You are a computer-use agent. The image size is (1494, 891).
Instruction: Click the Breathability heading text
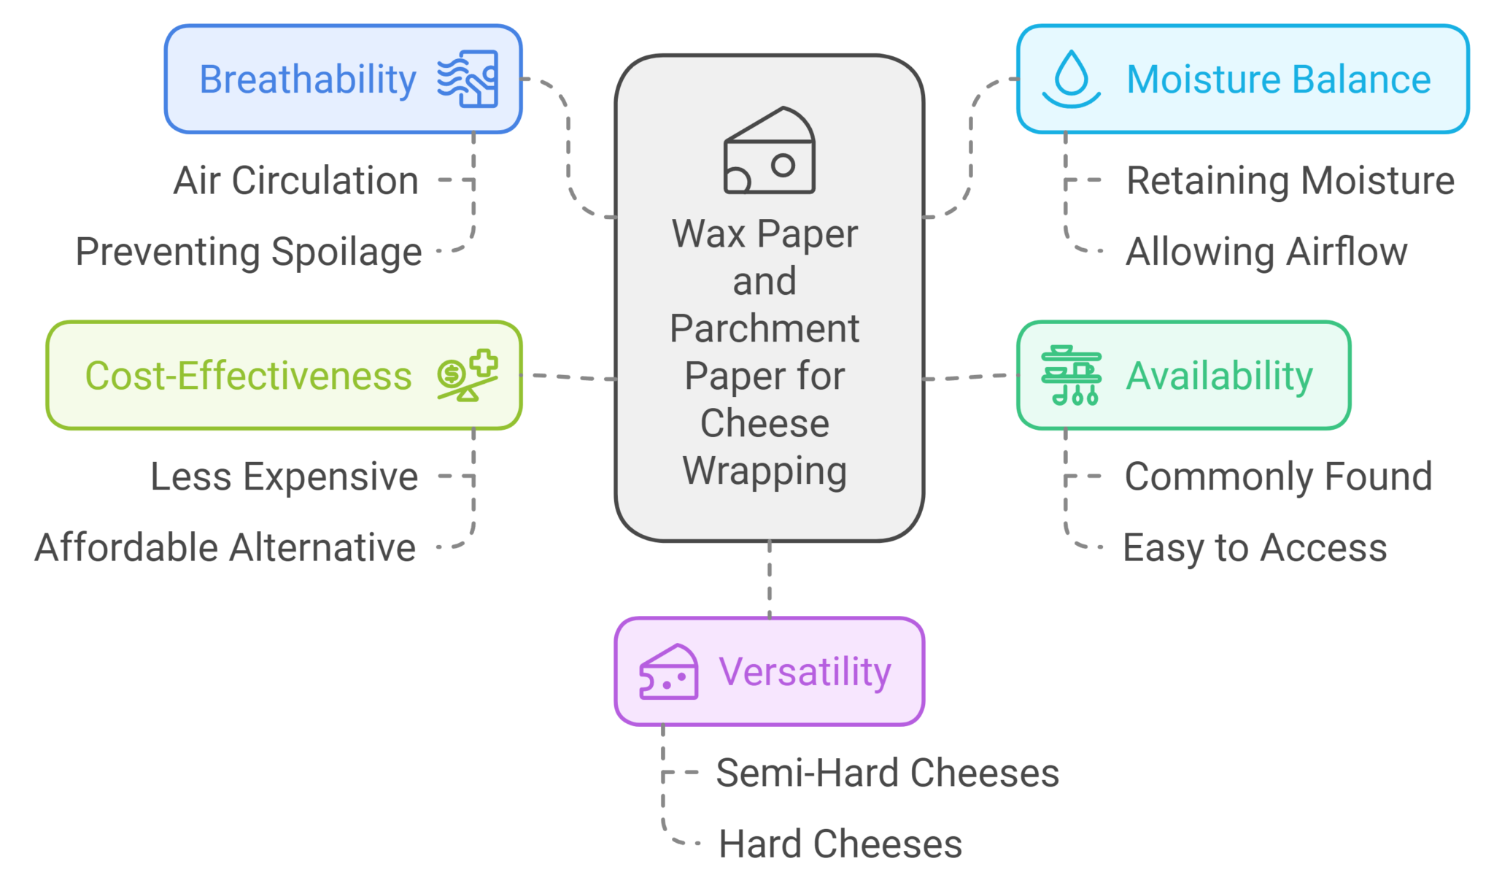[307, 80]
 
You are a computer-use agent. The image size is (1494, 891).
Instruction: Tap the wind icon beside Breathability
[468, 79]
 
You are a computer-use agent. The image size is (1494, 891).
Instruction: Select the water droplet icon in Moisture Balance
[1071, 79]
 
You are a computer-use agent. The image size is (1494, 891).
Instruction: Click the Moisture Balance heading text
[1278, 80]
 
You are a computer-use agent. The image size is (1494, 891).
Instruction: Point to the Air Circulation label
[295, 180]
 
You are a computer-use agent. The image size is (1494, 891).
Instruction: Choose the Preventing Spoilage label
[248, 252]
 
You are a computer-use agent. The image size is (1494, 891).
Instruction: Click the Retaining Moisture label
[1290, 180]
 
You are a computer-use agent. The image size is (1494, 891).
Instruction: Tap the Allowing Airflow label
[1266, 252]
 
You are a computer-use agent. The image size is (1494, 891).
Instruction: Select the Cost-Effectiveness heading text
[248, 376]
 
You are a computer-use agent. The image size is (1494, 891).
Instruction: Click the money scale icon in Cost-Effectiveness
[468, 375]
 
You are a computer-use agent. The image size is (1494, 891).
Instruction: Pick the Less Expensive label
[284, 477]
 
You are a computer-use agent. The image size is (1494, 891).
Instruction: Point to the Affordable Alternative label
[225, 547]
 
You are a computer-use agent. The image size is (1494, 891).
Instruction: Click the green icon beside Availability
[1071, 375]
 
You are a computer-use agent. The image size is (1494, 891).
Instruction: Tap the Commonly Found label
[1278, 477]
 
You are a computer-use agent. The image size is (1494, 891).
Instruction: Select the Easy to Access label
[1254, 547]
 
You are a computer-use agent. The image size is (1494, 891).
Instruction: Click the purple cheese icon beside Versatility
[668, 672]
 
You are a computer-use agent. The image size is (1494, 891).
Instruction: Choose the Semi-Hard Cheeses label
[887, 773]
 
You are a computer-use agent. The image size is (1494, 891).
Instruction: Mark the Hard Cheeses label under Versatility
[840, 844]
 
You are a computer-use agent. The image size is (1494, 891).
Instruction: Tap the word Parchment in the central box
[765, 328]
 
